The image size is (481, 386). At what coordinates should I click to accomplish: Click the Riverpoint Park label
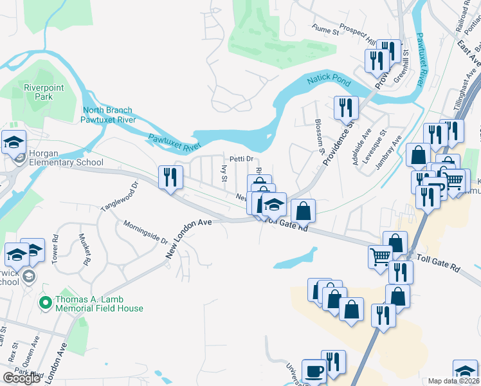coord(37,92)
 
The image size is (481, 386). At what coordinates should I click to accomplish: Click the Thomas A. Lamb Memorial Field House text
coord(99,304)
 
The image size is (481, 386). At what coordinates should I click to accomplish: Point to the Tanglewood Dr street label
coord(120,198)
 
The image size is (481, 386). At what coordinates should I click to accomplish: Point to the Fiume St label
coord(325,30)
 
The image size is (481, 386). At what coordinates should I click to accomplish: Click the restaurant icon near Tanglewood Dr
coord(171,177)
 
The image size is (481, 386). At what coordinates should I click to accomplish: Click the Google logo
coord(21,378)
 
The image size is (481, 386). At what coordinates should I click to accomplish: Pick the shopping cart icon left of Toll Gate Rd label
coord(380,256)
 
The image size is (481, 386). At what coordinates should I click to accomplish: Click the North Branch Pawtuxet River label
coord(108,115)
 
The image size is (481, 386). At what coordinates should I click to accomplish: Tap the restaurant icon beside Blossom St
coord(346,107)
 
